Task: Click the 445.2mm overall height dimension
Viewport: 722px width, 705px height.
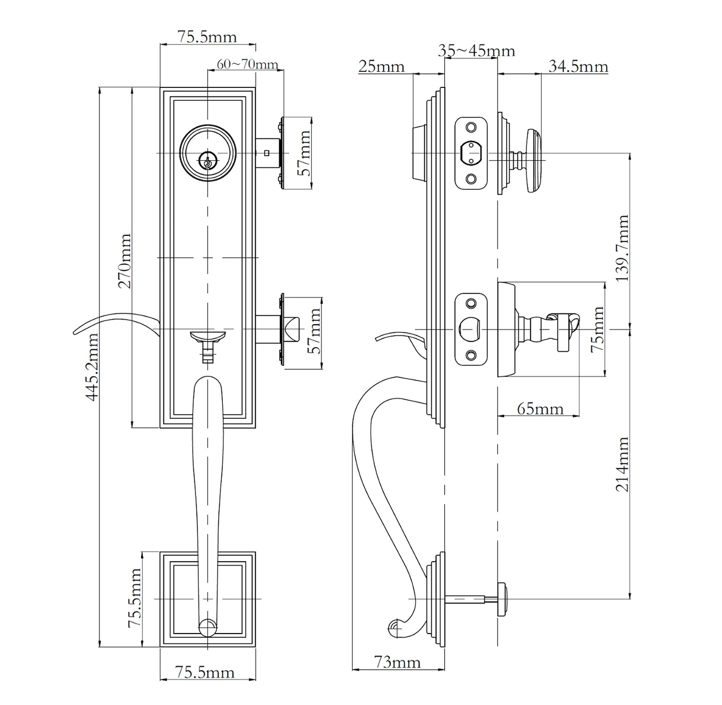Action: [x=91, y=367]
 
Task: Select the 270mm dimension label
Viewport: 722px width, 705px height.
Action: [x=124, y=261]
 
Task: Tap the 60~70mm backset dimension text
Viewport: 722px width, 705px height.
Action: [x=247, y=64]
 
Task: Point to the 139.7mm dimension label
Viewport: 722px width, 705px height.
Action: [x=622, y=248]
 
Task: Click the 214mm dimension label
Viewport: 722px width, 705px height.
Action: [x=622, y=464]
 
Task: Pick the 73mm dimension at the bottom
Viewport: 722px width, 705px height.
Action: [x=398, y=663]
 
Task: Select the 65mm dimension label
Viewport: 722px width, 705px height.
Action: [x=540, y=409]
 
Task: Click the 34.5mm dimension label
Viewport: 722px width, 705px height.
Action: [x=578, y=66]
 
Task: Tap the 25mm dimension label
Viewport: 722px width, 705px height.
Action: [x=381, y=66]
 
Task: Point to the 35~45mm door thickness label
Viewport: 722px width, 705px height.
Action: [x=476, y=51]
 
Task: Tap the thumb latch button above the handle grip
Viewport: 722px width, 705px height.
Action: [x=207, y=336]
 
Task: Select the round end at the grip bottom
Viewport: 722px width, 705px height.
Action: [x=207, y=628]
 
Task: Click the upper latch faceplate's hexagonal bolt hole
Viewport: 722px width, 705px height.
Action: [x=470, y=152]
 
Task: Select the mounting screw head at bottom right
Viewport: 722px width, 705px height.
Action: [x=503, y=598]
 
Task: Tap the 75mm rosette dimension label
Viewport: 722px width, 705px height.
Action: [x=597, y=329]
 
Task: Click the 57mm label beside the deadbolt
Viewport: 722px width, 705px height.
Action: [x=304, y=152]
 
